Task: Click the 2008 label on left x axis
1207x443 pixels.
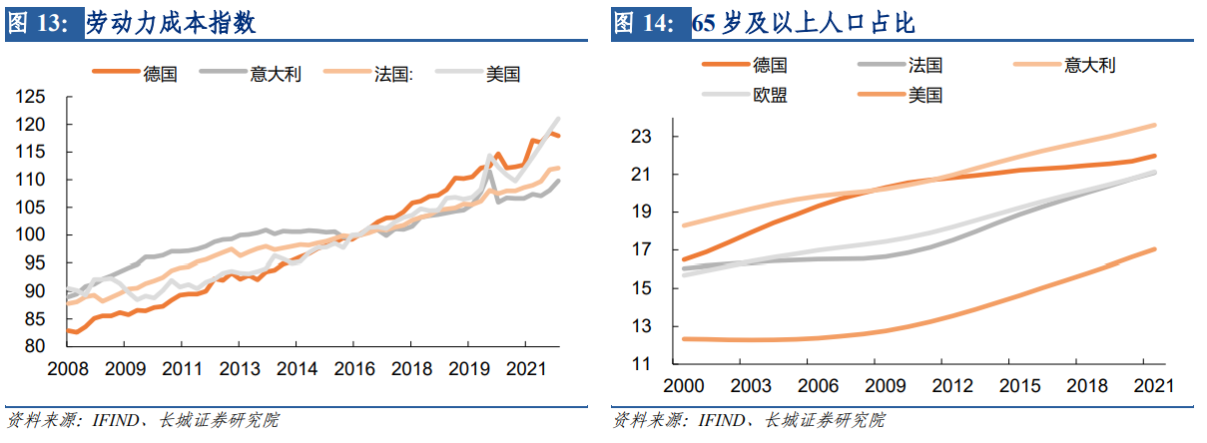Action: point(69,369)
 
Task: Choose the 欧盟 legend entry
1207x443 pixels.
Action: point(770,96)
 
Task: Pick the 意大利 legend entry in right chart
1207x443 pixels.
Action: point(1089,66)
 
